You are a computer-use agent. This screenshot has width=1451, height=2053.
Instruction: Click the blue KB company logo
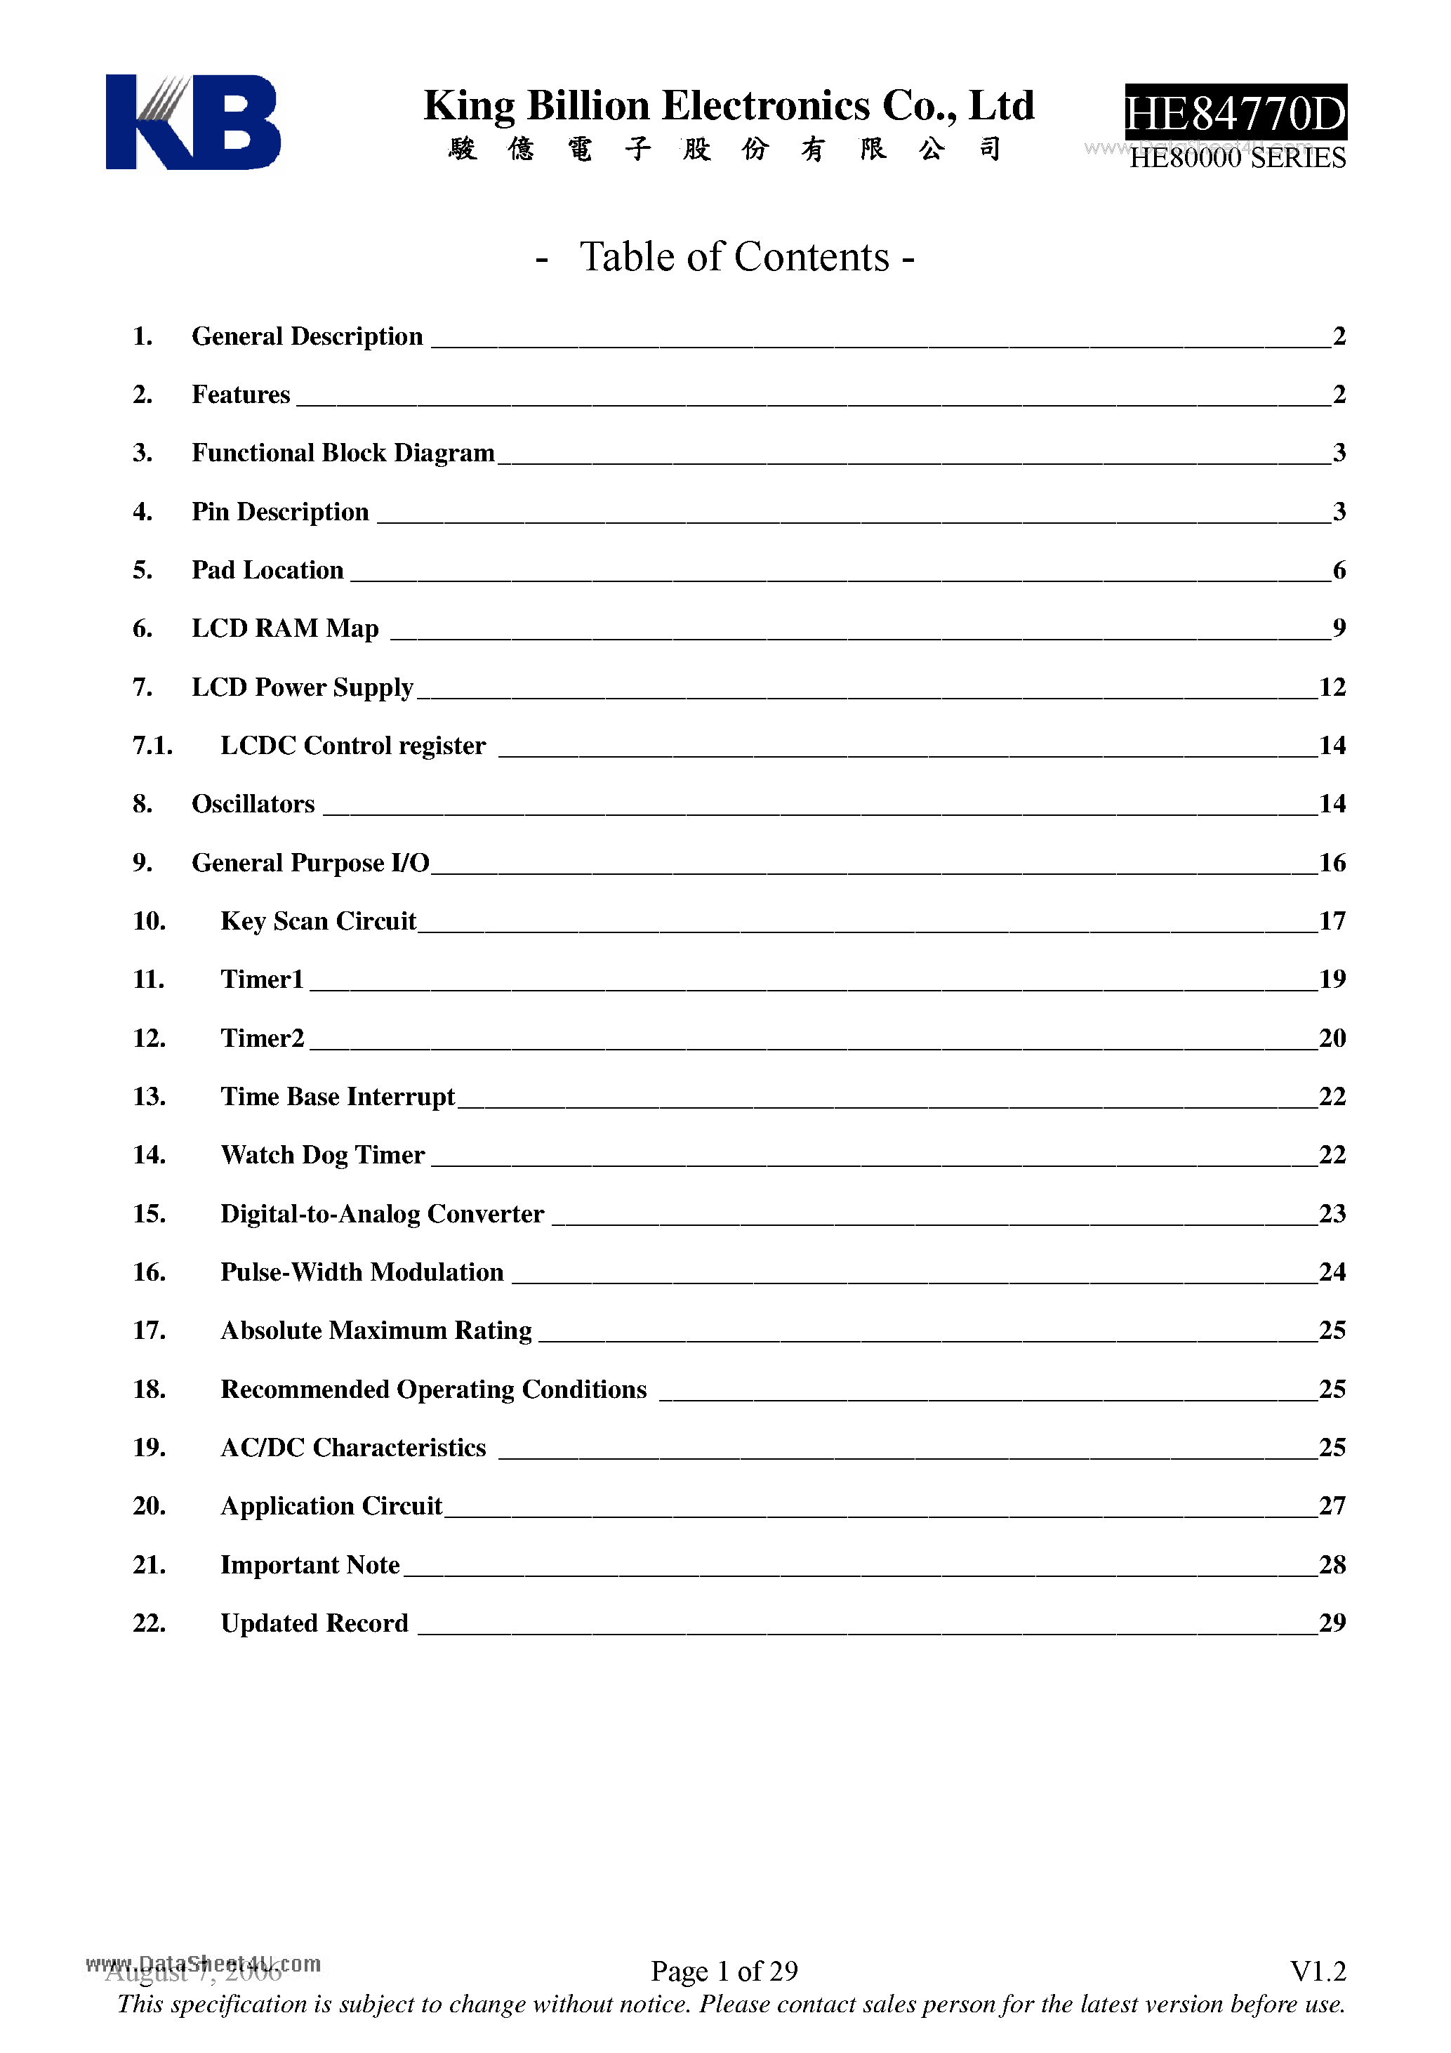click(192, 121)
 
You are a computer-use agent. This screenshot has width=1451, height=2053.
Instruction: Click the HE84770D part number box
click(1235, 114)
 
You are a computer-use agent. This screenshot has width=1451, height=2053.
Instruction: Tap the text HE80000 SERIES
click(1238, 158)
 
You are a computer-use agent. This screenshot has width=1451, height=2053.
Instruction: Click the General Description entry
click(307, 336)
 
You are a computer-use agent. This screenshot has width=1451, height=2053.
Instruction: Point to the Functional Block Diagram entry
click(343, 454)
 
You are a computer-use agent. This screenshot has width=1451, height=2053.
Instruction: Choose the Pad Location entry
click(267, 571)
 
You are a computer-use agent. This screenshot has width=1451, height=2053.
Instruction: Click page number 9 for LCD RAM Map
click(1339, 628)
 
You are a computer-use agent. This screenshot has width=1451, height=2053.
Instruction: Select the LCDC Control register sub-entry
click(352, 746)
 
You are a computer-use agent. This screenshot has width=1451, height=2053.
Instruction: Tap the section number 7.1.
click(152, 746)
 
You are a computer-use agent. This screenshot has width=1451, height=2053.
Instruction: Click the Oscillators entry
click(253, 804)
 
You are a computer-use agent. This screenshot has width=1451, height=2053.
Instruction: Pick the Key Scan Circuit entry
click(318, 921)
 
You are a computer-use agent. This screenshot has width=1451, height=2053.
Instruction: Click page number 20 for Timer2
click(1332, 1038)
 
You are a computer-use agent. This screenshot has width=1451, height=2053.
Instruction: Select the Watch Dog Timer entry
click(323, 1155)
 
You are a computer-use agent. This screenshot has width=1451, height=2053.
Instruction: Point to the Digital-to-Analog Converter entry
click(382, 1214)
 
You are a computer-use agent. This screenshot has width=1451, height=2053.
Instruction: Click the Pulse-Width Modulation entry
click(362, 1272)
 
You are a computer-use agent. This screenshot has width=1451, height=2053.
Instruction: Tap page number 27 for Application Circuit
click(1332, 1507)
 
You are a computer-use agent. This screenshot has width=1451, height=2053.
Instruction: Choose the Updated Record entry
click(314, 1624)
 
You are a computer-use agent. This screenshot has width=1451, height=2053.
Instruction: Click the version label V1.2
click(1317, 1971)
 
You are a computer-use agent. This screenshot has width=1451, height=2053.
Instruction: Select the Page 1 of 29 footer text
click(724, 1971)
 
